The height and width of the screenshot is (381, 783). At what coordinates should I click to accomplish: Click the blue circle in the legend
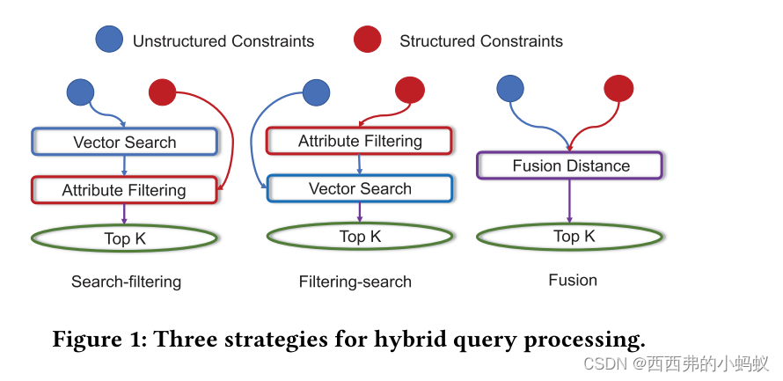coord(109,40)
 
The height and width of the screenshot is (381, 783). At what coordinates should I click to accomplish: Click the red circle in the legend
coord(367,40)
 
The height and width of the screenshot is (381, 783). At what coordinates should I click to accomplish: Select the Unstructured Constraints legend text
coord(223,41)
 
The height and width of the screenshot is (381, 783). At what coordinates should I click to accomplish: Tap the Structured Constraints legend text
coord(480,41)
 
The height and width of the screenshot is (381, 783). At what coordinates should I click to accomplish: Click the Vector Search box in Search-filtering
coord(124,142)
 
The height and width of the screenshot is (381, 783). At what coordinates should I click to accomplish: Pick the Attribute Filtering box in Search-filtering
coord(124,190)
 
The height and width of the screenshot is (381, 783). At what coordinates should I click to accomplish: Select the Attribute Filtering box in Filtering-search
coord(359,141)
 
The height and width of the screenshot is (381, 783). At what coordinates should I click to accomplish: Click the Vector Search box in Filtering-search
coord(359,188)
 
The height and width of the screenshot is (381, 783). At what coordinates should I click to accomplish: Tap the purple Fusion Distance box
coord(569,165)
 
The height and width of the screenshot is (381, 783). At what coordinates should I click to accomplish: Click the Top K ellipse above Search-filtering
coord(124,238)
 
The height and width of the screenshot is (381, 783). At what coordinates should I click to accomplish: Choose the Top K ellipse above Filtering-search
coord(359,237)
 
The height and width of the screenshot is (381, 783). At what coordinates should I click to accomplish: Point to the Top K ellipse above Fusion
coord(569,236)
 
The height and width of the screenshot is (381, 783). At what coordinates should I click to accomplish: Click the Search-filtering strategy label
coord(126,282)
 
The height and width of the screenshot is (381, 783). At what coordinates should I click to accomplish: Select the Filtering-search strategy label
coord(355,282)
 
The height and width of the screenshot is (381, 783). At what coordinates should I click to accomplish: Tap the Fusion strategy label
coord(572,280)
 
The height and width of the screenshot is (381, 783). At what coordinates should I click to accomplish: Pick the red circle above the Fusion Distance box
coord(618,87)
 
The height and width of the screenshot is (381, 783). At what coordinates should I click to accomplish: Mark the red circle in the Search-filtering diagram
coord(162,92)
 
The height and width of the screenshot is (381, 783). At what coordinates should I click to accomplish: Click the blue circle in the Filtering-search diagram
coord(316,92)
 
